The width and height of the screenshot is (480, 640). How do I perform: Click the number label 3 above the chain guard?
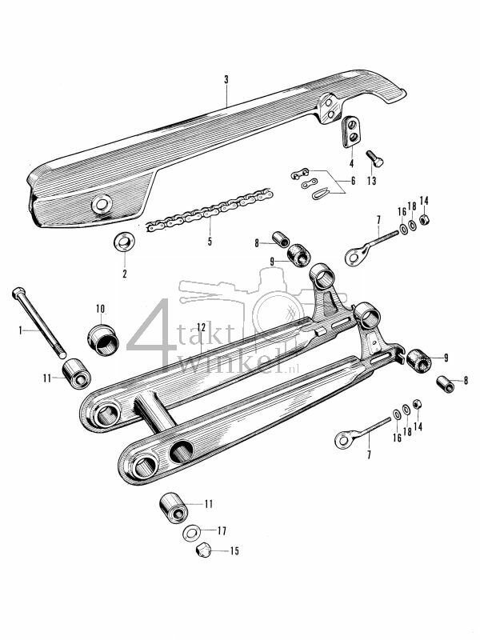(x=226, y=80)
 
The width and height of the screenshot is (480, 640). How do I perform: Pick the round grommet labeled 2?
(x=126, y=240)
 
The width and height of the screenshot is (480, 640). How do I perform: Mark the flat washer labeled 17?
(x=192, y=532)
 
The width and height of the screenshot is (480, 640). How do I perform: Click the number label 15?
(x=234, y=551)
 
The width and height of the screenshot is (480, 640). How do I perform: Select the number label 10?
(x=100, y=308)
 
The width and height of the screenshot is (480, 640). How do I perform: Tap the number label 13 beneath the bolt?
(x=370, y=182)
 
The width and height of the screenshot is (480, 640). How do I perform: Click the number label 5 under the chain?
(x=210, y=241)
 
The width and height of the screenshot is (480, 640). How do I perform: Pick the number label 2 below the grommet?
(x=125, y=274)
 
